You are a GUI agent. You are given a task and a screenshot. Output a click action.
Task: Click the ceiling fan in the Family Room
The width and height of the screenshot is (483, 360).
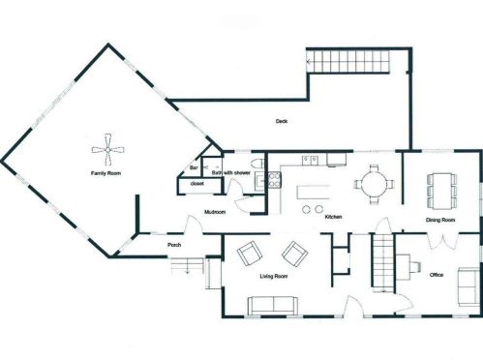(x=107, y=149)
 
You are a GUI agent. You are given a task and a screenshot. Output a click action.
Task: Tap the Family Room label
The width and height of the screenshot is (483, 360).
(x=106, y=173)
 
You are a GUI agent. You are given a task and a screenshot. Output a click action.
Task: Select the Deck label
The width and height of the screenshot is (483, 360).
(x=282, y=121)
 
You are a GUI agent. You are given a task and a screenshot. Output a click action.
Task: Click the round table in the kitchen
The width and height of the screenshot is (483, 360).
(x=374, y=184)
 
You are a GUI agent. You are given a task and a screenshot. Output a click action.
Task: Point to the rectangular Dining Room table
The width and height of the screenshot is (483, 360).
(x=441, y=191)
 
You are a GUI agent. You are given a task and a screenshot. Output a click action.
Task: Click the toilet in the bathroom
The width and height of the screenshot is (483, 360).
(x=257, y=164)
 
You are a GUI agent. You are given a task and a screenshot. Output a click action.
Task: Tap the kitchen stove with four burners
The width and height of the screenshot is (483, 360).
(x=275, y=180)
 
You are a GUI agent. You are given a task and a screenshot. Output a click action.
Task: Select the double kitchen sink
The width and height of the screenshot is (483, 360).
(x=310, y=160)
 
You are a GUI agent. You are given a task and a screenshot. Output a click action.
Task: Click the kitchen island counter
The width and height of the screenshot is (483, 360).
(x=314, y=192)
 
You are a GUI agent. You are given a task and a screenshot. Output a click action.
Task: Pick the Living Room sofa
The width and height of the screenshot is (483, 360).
(x=273, y=306)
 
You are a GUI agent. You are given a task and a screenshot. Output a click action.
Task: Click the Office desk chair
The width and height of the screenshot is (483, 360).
(x=415, y=266)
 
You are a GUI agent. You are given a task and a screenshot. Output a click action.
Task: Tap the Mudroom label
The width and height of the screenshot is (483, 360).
(x=215, y=212)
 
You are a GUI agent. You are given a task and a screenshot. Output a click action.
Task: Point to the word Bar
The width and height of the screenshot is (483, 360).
(x=194, y=167)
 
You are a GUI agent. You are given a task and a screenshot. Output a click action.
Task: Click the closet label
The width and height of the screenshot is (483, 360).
(x=197, y=184)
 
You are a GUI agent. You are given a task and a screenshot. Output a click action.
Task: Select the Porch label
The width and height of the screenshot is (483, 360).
(x=174, y=245)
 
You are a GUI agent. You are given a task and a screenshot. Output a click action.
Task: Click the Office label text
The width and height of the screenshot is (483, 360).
(x=437, y=275)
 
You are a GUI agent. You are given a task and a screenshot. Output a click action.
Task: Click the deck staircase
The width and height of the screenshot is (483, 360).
(x=347, y=61)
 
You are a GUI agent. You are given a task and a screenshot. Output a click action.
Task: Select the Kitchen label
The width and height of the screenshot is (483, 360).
(x=333, y=217)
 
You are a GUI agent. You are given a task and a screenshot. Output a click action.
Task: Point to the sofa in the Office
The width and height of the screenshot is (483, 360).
(x=468, y=286)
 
